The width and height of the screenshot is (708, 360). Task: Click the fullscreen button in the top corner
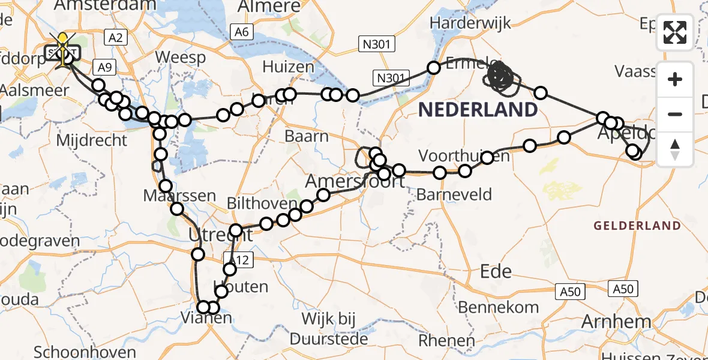coord(675,32)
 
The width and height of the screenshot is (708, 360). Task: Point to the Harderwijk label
coord(471,23)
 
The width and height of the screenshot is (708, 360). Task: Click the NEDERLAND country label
coord(478,110)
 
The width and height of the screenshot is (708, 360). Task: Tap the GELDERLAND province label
coord(637,226)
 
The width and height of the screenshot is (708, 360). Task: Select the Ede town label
coord(496,271)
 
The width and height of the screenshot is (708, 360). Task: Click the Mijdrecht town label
coord(91,140)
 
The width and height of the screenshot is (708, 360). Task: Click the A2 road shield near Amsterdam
coord(115,38)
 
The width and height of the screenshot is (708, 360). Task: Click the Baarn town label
coord(307,136)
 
